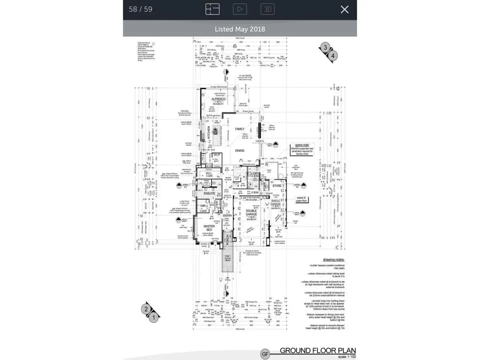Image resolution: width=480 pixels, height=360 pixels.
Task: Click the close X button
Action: (x=344, y=9)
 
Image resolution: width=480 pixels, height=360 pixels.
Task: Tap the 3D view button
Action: (x=267, y=9)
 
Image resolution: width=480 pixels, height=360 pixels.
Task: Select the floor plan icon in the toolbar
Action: (x=212, y=9)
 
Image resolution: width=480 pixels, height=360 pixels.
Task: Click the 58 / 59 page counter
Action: (x=141, y=9)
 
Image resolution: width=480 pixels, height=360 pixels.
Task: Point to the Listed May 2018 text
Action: (x=240, y=29)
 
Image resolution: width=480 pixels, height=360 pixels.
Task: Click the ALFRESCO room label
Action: (x=218, y=99)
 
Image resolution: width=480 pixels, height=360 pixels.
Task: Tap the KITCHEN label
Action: (x=209, y=133)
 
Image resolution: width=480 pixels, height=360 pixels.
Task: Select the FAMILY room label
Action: (x=240, y=129)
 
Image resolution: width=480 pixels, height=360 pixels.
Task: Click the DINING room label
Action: (x=240, y=151)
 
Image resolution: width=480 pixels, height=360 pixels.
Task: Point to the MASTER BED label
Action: (x=209, y=228)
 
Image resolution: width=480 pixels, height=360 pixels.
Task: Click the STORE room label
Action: (x=277, y=186)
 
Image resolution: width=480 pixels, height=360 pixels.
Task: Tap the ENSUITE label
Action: (x=209, y=193)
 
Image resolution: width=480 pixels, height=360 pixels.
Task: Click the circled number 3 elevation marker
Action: (x=325, y=48)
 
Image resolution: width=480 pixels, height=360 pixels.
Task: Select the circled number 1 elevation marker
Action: (x=154, y=317)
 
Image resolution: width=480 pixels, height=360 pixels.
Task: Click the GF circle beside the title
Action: (x=265, y=354)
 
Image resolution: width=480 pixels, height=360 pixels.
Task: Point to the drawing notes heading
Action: (x=334, y=260)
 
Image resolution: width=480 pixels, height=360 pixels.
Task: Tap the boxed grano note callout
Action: (x=302, y=150)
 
